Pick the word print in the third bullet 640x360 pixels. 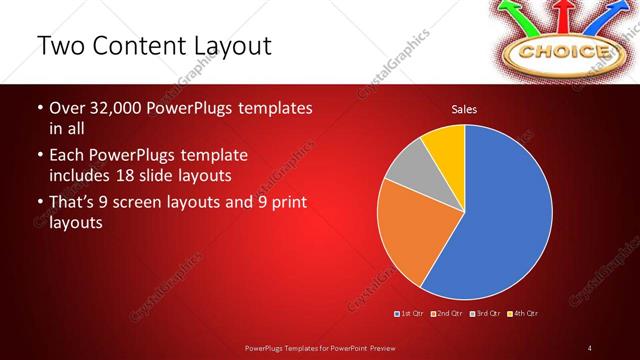click(x=286, y=203)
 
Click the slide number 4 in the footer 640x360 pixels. click(x=590, y=347)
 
